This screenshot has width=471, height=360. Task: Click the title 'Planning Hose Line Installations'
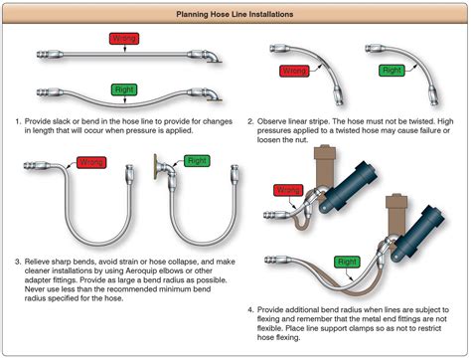point(235,14)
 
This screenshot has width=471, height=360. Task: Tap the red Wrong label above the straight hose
point(124,39)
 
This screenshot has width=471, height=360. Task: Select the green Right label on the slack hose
point(124,90)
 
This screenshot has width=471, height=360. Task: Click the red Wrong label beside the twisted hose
point(294,71)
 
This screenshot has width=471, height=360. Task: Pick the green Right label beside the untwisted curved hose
point(392,71)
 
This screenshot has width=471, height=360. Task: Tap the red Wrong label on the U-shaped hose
point(91,162)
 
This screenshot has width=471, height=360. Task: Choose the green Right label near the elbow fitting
point(197,161)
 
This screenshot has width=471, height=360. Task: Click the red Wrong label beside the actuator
point(288,190)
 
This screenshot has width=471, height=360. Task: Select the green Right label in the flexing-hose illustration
point(347,262)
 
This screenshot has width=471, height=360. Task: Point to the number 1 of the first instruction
point(18,121)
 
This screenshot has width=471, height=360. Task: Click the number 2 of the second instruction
point(250,121)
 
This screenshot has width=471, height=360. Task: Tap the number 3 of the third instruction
point(18,262)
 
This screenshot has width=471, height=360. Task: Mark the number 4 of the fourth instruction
point(250,310)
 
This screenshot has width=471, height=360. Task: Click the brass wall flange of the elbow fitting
point(155,167)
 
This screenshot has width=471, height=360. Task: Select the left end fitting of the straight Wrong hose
point(50,54)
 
